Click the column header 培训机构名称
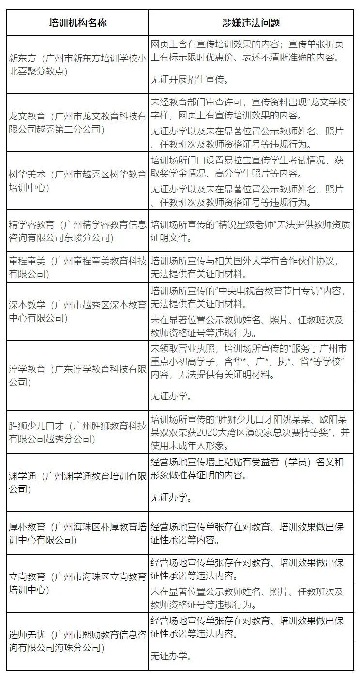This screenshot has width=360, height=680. tap(78, 23)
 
